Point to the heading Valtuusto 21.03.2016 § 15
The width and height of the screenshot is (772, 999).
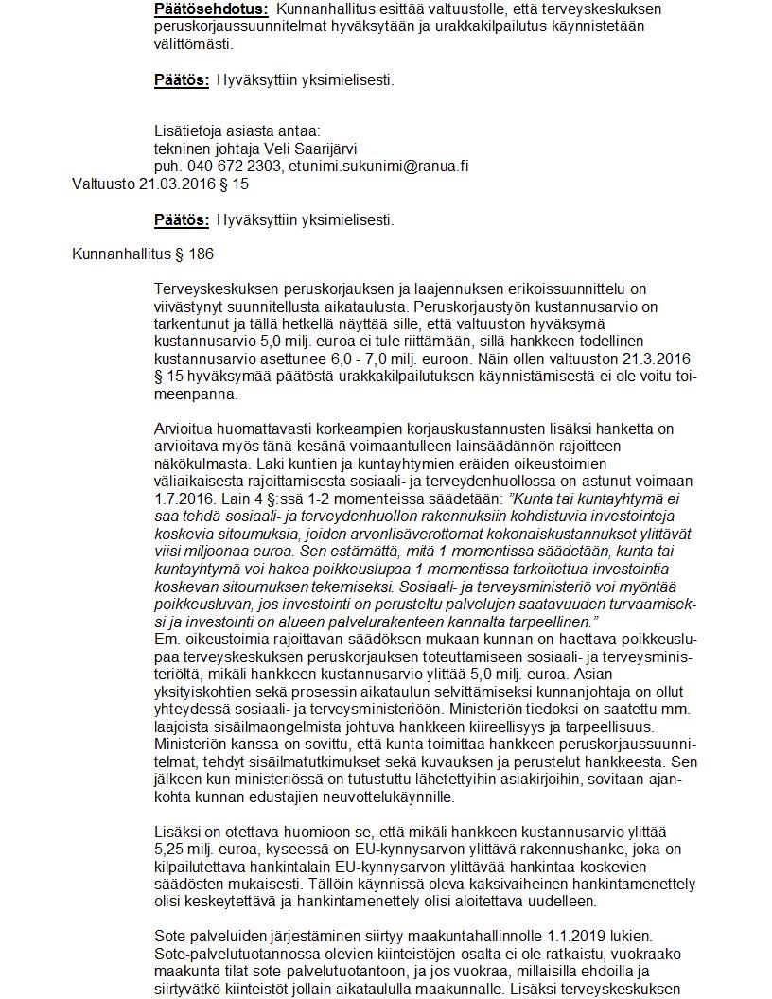[161, 184]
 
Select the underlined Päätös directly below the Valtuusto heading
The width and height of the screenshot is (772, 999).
[182, 219]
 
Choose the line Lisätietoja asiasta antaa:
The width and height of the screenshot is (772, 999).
[237, 131]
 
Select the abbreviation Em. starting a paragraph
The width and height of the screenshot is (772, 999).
[167, 639]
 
